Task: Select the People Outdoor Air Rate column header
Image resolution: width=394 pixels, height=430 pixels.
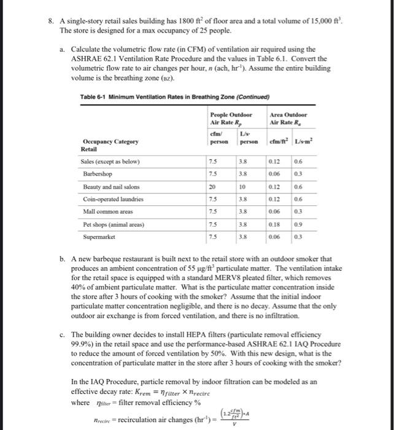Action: pos(231,119)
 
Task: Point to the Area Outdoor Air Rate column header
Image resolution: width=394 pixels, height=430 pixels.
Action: pos(288,119)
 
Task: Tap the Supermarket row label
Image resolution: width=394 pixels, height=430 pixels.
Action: pos(99,237)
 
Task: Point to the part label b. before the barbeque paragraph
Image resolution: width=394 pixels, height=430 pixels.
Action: pos(63,260)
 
